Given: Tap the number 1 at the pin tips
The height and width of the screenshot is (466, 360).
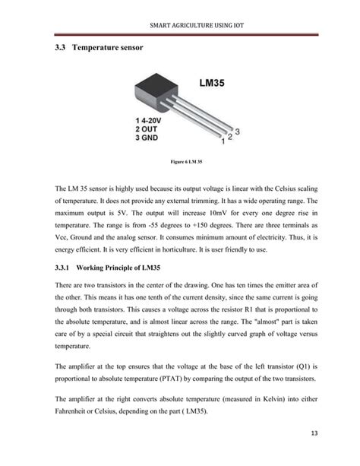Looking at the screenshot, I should (x=222, y=141).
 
